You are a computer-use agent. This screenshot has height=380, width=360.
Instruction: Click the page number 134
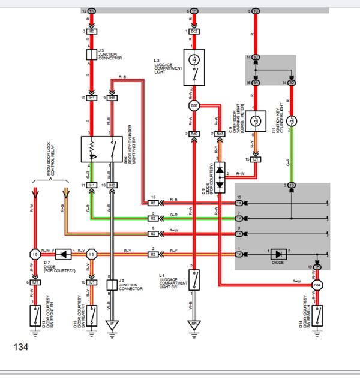(x=20, y=347)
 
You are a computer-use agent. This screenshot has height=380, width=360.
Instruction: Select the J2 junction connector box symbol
(x=112, y=285)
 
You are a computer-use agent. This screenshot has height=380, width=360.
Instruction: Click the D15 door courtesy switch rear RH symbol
(x=92, y=313)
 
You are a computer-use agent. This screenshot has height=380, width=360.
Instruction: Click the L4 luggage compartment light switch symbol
(x=194, y=279)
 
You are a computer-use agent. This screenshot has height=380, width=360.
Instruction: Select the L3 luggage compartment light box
(x=194, y=66)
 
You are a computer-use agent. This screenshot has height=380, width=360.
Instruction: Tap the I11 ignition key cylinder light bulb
(x=292, y=121)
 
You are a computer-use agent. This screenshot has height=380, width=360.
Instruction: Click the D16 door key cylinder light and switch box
(x=101, y=149)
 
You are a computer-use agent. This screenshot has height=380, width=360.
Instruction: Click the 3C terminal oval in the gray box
(x=256, y=58)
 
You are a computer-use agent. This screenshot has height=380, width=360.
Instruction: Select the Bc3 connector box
(x=220, y=134)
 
